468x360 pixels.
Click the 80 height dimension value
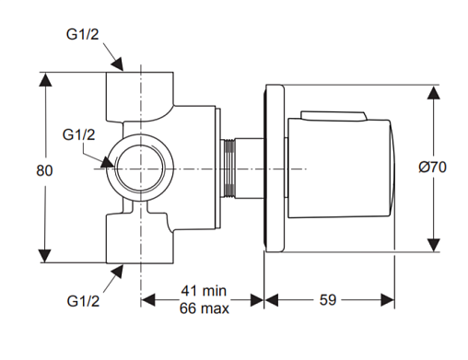[44, 170]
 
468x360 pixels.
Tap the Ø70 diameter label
[432, 168]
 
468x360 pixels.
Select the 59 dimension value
[328, 300]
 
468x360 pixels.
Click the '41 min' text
[204, 291]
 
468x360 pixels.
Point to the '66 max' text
[205, 308]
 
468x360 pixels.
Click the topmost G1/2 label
[83, 34]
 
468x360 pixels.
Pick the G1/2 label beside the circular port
[79, 134]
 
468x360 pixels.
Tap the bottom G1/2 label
[83, 301]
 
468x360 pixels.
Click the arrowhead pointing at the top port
[118, 64]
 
